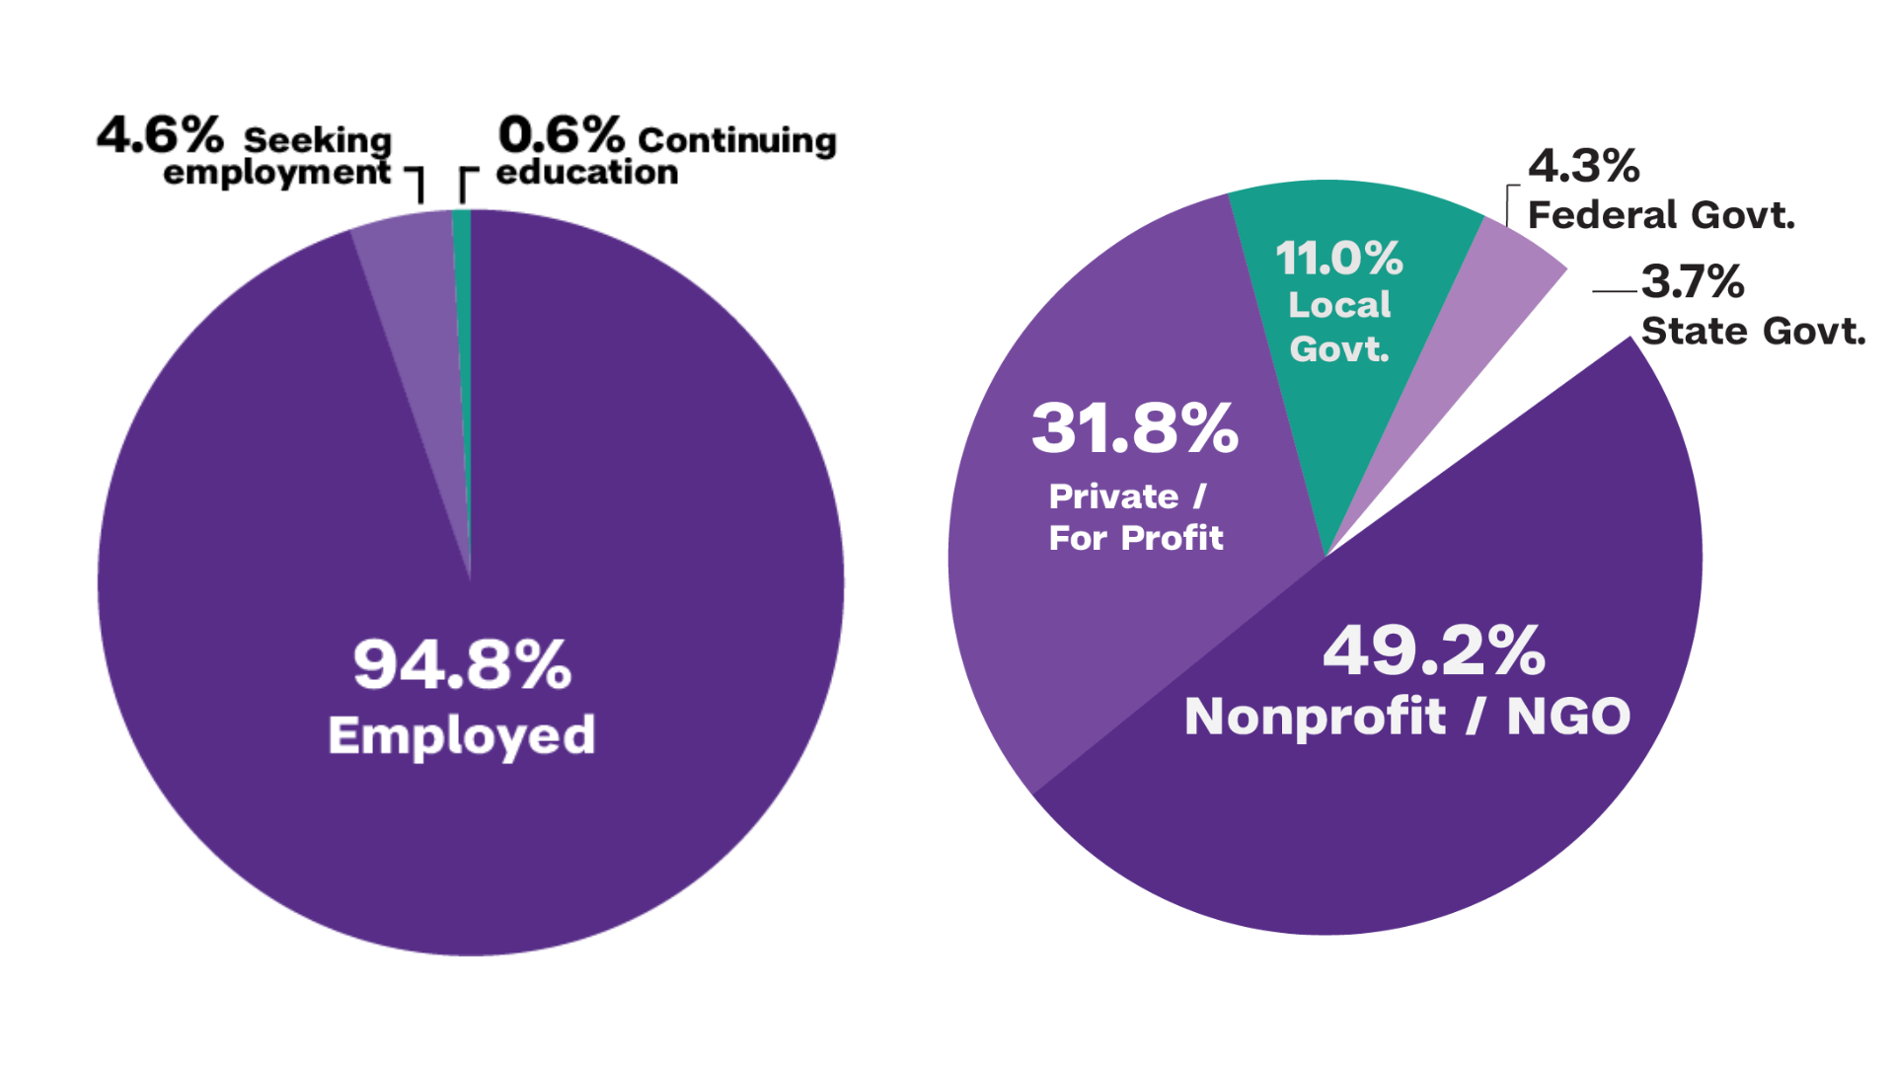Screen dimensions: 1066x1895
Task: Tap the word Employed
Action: pyautogui.click(x=462, y=735)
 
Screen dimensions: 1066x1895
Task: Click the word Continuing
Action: pyautogui.click(x=737, y=140)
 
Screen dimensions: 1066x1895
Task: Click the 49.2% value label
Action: pyautogui.click(x=1434, y=651)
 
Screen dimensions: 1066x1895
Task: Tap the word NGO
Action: pyautogui.click(x=1568, y=717)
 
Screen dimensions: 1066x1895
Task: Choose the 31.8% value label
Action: pyautogui.click(x=1135, y=428)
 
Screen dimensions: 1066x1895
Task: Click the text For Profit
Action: pyautogui.click(x=1136, y=538)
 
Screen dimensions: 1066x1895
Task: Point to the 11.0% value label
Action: pyautogui.click(x=1339, y=259)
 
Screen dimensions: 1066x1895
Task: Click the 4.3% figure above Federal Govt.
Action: pyautogui.click(x=1584, y=166)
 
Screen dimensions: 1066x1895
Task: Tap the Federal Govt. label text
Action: pyautogui.click(x=1661, y=215)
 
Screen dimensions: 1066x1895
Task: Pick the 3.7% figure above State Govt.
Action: pyautogui.click(x=1693, y=281)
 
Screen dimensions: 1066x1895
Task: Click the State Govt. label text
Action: pyautogui.click(x=1753, y=331)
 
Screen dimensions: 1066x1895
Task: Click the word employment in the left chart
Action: pyautogui.click(x=276, y=174)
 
